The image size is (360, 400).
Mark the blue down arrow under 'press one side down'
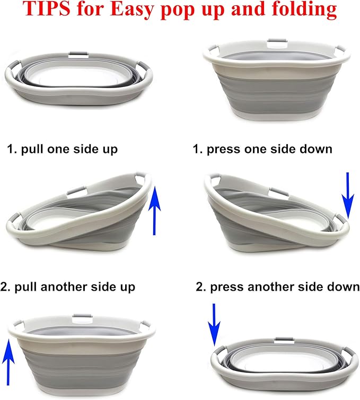click(347, 196)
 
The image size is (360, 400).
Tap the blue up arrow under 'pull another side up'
click(7, 359)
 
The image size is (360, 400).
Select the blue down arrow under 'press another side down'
click(214, 324)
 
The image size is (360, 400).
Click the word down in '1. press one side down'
click(315, 149)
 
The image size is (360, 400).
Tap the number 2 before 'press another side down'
click(199, 287)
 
